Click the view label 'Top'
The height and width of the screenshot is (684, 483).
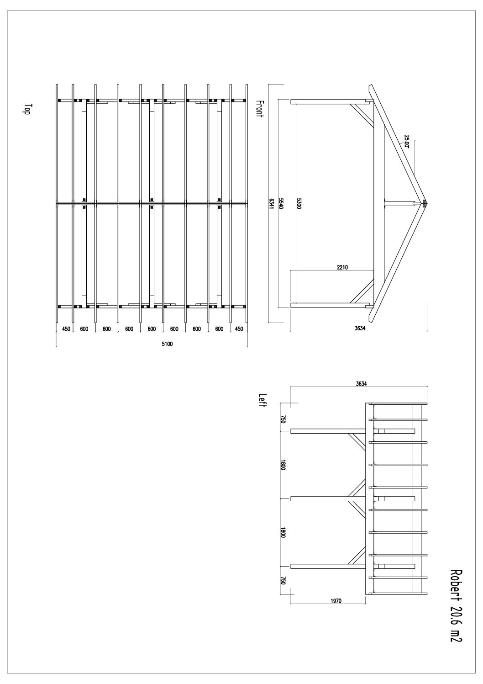27,110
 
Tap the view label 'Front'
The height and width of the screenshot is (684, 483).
260,109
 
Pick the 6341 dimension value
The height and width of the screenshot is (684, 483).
272,203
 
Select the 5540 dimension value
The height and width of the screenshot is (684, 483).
282,203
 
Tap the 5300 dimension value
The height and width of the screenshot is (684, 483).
299,203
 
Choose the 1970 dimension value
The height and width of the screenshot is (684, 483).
336,601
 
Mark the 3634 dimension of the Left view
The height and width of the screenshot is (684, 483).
361,384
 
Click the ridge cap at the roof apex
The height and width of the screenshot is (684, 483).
424,203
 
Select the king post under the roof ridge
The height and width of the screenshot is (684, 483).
399,203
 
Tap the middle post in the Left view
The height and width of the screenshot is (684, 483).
329,498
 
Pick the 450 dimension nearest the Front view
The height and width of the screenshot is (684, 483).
239,329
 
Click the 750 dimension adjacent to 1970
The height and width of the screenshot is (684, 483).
283,581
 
